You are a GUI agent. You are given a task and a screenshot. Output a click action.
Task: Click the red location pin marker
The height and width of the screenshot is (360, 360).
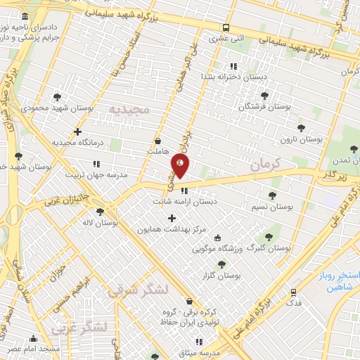[x=180, y=165]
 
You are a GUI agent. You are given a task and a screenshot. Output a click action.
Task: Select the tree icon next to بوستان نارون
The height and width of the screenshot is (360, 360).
[x=302, y=128]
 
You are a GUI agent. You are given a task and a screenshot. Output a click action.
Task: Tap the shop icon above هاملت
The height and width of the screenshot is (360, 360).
[x=157, y=140]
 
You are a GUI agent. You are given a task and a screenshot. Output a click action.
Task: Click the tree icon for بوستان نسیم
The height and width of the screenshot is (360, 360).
[x=272, y=195]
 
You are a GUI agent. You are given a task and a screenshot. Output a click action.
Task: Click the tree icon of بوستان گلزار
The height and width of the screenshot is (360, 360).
[x=221, y=264]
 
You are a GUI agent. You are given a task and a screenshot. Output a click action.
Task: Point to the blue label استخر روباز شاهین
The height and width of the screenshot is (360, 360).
[x=338, y=279]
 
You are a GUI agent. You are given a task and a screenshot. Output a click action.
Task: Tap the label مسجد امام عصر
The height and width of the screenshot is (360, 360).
[x=34, y=349]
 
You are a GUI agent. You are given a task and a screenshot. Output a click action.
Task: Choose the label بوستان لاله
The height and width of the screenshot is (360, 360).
[x=98, y=222]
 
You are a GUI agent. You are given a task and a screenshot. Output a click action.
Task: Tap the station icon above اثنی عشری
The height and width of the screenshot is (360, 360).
[x=225, y=29]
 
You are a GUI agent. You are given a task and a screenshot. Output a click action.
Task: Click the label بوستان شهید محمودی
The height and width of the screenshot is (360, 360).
[x=46, y=108]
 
